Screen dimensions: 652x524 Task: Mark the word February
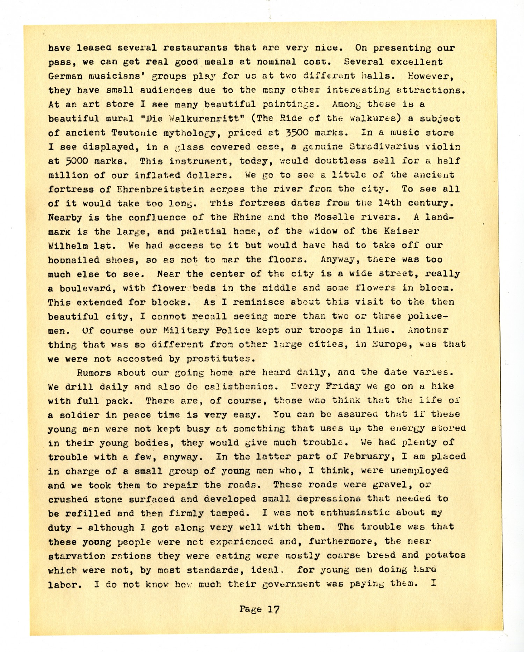coord(374,457)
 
